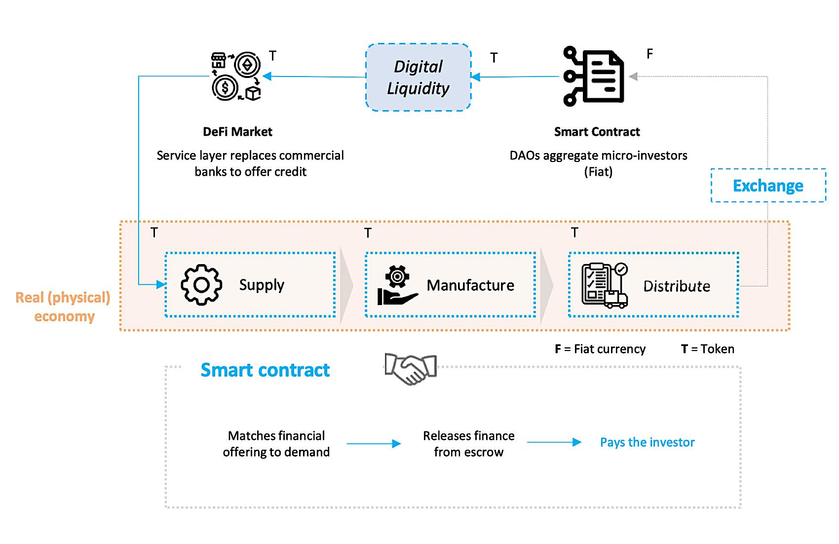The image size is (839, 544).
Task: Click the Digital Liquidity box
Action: tap(418, 77)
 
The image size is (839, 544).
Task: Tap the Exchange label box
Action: tap(768, 186)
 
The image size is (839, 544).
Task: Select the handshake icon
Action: tap(411, 369)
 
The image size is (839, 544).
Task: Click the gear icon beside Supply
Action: tap(201, 285)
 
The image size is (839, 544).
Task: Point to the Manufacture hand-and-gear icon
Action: tap(397, 285)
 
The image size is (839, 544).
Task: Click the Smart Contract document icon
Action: tap(594, 77)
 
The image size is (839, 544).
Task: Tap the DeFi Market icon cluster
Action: tap(236, 77)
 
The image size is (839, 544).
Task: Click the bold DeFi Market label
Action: tap(237, 132)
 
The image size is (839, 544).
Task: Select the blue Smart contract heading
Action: tap(265, 370)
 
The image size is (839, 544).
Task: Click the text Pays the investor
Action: tap(647, 442)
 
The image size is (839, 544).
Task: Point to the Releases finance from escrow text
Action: tap(468, 444)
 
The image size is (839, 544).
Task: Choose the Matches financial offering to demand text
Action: tap(276, 444)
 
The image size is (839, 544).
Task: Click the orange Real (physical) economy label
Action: tap(63, 307)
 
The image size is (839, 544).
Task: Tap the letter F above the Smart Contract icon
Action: tap(649, 54)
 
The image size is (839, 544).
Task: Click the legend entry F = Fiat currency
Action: tap(600, 349)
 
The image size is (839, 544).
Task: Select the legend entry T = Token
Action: tap(707, 349)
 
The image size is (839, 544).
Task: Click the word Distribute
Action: tap(677, 286)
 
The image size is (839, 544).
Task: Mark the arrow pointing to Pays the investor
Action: tap(554, 442)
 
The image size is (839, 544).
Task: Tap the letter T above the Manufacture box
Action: tap(368, 233)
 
